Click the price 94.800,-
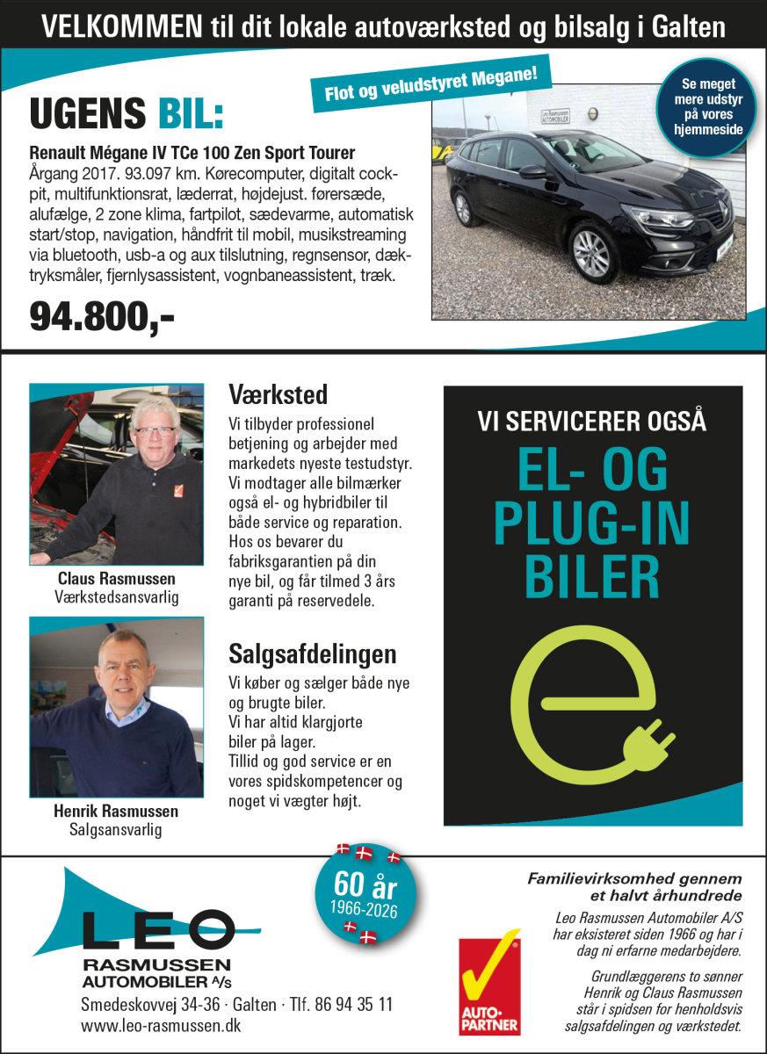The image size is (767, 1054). (102, 316)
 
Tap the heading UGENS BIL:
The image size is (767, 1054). (127, 113)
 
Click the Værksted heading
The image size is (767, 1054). (278, 393)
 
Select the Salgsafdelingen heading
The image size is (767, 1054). (312, 653)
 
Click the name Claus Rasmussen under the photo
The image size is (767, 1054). (116, 579)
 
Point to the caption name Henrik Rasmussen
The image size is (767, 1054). (116, 811)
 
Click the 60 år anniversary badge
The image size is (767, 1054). (365, 892)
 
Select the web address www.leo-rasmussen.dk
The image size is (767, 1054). (161, 1025)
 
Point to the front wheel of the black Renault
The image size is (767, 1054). (591, 253)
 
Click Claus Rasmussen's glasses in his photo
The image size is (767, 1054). (155, 431)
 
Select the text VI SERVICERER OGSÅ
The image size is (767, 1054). (592, 422)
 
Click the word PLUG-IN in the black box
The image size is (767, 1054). (592, 524)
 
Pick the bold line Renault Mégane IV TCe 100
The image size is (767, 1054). (192, 152)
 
